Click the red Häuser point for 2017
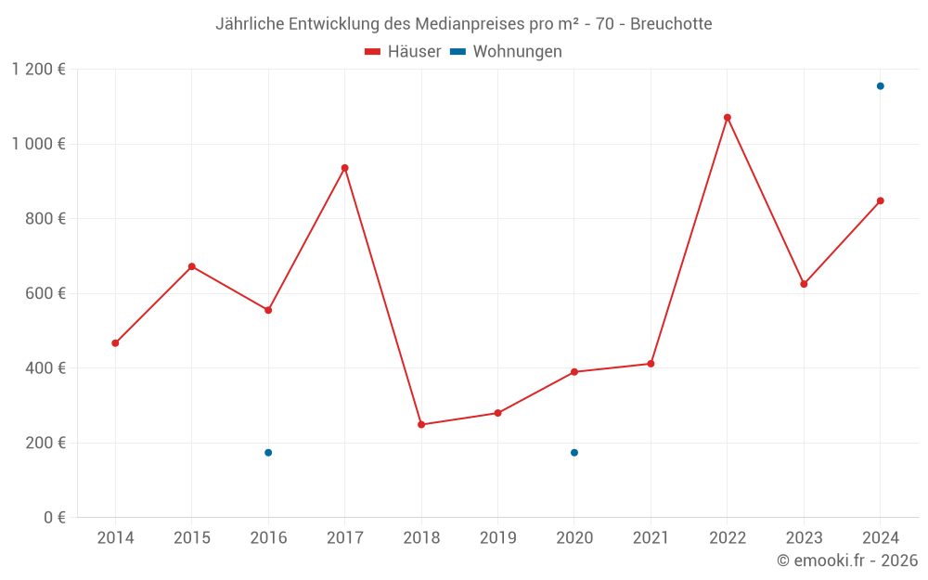point(345,168)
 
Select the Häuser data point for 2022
point(728,118)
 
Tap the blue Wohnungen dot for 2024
point(881,86)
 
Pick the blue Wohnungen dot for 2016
point(268,453)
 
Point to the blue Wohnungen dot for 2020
point(574,453)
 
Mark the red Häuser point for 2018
point(421,425)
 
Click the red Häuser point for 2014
point(115,343)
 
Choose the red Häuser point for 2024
point(881,200)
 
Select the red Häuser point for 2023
point(804,284)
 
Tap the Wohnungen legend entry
point(517,52)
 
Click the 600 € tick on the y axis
point(44,293)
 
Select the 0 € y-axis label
point(53,518)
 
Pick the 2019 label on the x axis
point(497,538)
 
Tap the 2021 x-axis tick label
point(651,538)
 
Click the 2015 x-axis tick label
point(192,538)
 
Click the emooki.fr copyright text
point(847,561)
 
